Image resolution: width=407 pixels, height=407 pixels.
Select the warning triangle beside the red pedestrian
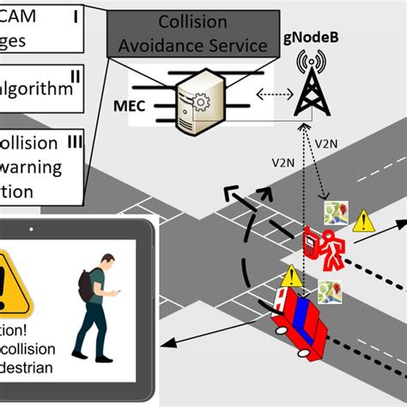pyautogui.click(x=364, y=221)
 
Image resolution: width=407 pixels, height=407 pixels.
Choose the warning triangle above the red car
pyautogui.click(x=292, y=276)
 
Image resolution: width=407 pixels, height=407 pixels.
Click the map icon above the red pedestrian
pyautogui.click(x=334, y=211)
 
